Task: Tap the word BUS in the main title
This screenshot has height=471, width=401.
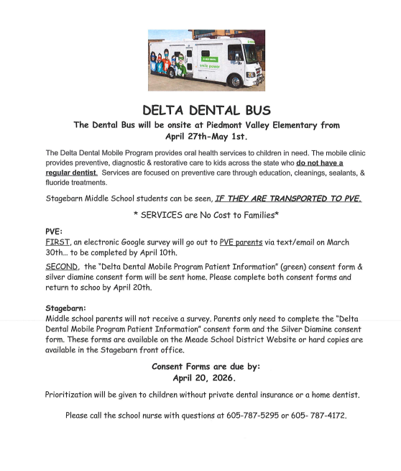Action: coord(255,110)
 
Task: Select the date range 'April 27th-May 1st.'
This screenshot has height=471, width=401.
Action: coord(206,136)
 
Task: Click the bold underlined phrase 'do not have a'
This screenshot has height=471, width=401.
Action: coord(320,163)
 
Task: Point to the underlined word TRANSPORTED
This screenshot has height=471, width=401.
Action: coord(298,198)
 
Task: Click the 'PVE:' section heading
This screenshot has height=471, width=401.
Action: coord(54,232)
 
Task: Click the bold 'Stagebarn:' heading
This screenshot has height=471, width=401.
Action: coord(65,308)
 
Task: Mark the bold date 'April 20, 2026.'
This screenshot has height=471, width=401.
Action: coord(206,378)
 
